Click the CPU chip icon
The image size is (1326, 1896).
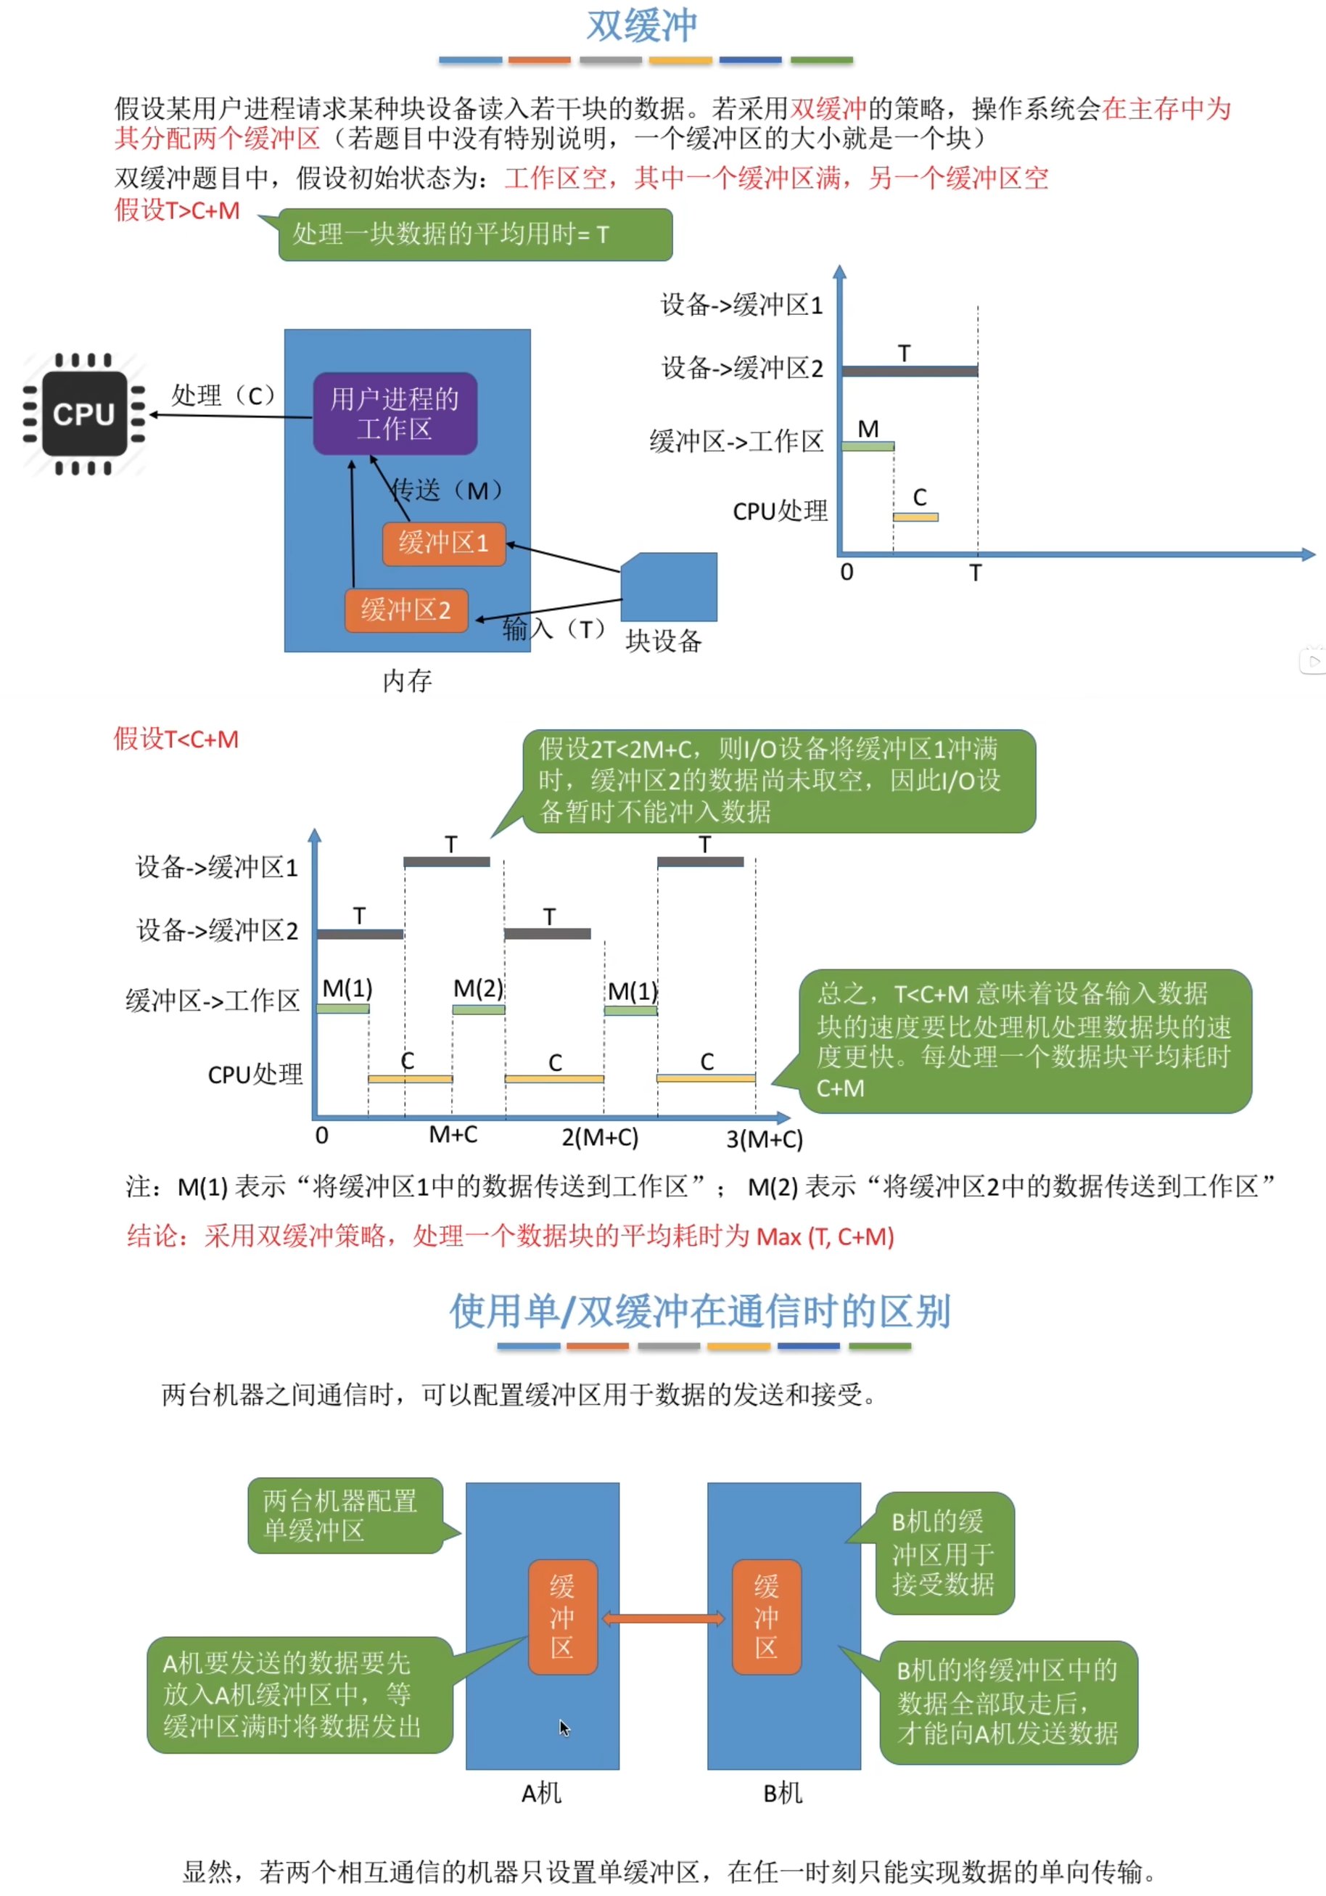click(84, 414)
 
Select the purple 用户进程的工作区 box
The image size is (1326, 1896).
click(395, 414)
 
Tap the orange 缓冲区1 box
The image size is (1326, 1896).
click(443, 543)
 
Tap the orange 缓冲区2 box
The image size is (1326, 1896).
click(406, 610)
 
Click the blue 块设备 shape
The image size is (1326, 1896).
click(670, 587)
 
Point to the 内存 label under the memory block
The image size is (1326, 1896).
click(407, 681)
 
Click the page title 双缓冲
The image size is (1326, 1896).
click(641, 26)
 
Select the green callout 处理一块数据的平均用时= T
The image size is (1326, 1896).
click(474, 235)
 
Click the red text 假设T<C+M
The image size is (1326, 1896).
click(176, 739)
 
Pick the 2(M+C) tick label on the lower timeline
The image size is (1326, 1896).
click(600, 1138)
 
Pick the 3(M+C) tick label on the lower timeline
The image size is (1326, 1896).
click(765, 1140)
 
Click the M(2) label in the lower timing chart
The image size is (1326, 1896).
click(478, 988)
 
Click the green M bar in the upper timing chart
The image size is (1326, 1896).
click(867, 447)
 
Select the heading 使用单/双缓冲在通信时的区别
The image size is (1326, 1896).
click(700, 1311)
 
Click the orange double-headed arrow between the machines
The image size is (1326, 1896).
click(664, 1619)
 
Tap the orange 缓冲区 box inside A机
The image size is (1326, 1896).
click(562, 1617)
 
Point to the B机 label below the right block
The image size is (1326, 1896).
click(783, 1793)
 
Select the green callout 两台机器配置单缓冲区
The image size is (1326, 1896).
click(345, 1515)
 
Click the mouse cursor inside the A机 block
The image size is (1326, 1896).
click(564, 1728)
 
